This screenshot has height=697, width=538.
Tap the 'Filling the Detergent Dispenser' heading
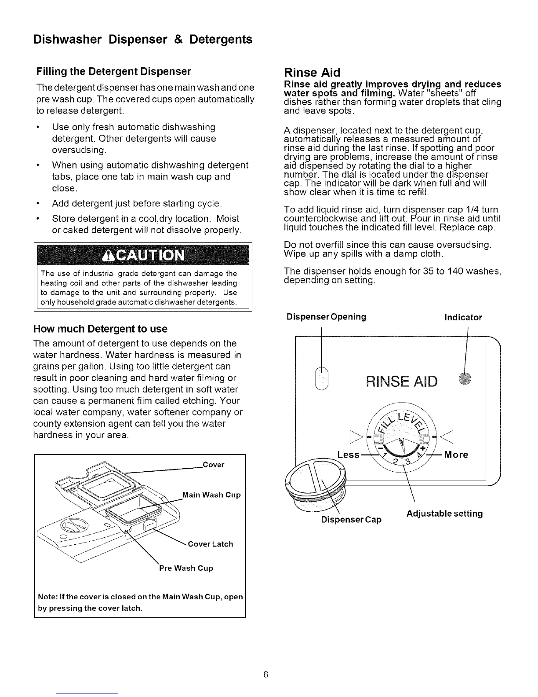[114, 71]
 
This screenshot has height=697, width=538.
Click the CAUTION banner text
[142, 255]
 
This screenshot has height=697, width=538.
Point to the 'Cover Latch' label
[211, 544]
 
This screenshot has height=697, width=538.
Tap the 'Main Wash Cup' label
[211, 495]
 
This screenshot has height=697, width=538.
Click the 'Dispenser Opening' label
[326, 317]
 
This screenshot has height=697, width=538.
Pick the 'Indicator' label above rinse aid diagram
[463, 317]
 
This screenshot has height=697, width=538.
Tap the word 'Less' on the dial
[348, 454]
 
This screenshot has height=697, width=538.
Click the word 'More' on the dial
[456, 454]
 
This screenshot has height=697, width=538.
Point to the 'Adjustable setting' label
[444, 514]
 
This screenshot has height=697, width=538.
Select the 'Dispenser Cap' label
[351, 519]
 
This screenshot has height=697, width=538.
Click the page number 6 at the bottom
[266, 675]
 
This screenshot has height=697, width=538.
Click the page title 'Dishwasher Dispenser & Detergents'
[143, 40]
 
